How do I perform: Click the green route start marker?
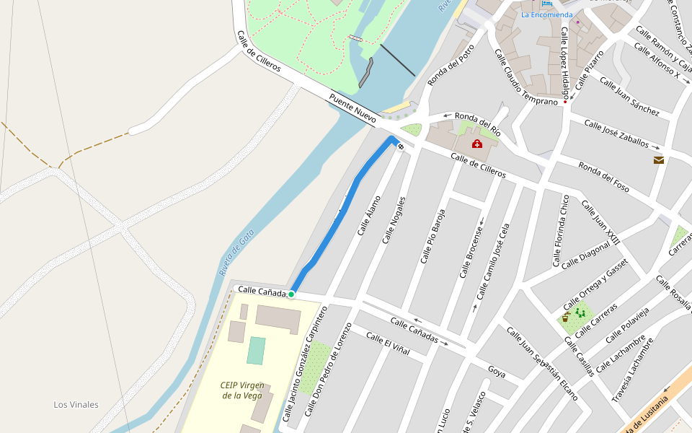click(x=291, y=294)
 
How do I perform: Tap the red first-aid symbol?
click(x=476, y=144)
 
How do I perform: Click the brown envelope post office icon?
click(x=658, y=160)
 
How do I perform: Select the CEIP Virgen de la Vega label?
click(x=241, y=390)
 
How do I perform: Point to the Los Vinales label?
click(x=76, y=404)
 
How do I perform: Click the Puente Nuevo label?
click(x=352, y=108)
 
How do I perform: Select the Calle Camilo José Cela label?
click(x=492, y=261)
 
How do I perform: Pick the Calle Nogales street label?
click(x=394, y=219)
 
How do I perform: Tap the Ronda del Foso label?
click(x=604, y=177)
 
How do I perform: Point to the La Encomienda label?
click(x=546, y=14)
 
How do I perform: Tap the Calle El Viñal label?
click(x=387, y=343)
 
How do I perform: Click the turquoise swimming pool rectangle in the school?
click(x=256, y=351)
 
